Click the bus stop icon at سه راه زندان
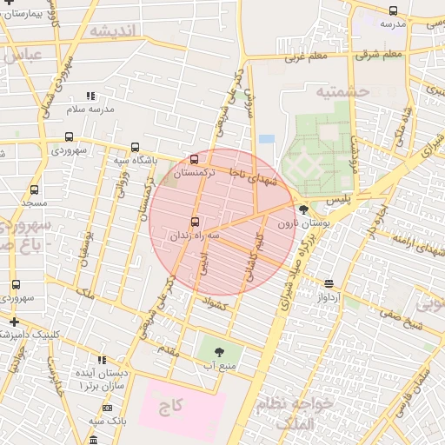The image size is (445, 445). (193, 221)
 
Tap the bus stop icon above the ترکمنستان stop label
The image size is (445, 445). (193, 159)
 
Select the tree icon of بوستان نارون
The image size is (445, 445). (302, 209)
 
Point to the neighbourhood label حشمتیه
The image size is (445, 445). (342, 91)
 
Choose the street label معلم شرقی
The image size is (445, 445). (378, 55)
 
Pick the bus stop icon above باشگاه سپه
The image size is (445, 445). (134, 147)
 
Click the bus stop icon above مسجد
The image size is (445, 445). (34, 189)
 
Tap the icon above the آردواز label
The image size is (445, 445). (329, 283)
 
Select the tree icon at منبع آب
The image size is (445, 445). (217, 351)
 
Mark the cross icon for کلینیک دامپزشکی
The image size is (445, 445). (13, 322)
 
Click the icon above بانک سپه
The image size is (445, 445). (107, 408)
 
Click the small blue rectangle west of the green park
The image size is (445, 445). (266, 139)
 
